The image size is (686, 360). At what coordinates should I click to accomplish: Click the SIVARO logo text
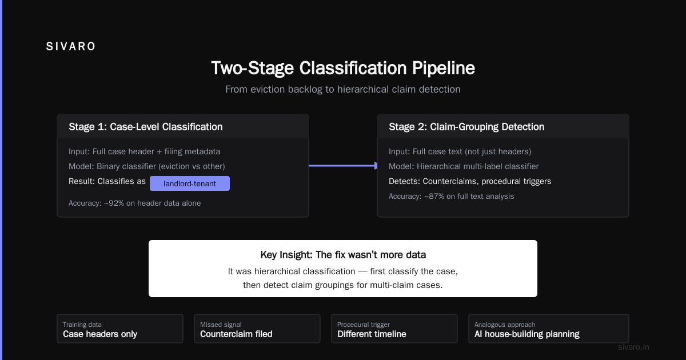click(x=70, y=46)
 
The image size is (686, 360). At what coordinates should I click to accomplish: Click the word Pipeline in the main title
click(x=444, y=68)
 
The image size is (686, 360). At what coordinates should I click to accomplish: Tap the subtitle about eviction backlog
click(x=342, y=89)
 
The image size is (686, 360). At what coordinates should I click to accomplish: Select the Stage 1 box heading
click(x=145, y=127)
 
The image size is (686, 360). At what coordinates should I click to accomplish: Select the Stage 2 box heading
click(x=466, y=127)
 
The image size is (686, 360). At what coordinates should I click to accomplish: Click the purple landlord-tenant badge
click(x=190, y=183)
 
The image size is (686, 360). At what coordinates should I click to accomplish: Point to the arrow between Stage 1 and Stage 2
click(x=343, y=166)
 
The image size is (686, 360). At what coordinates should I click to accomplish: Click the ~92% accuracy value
click(x=114, y=203)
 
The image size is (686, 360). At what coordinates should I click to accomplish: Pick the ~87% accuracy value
click(x=434, y=196)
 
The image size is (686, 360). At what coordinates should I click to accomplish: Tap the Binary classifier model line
click(x=147, y=166)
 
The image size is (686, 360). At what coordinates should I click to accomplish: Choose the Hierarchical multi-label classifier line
click(x=464, y=166)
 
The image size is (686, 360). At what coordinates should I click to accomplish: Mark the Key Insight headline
click(x=343, y=255)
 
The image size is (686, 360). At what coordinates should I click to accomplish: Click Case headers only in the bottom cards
click(x=100, y=334)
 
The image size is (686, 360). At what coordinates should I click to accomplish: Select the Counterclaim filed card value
click(x=236, y=334)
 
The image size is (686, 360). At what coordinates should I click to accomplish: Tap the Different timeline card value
click(x=372, y=334)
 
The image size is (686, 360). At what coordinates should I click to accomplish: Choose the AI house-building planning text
click(x=527, y=334)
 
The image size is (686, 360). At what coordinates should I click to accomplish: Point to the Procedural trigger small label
click(x=364, y=325)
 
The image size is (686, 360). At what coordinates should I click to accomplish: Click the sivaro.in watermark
click(x=633, y=347)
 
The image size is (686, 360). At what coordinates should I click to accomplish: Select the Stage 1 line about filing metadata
click(x=144, y=151)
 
